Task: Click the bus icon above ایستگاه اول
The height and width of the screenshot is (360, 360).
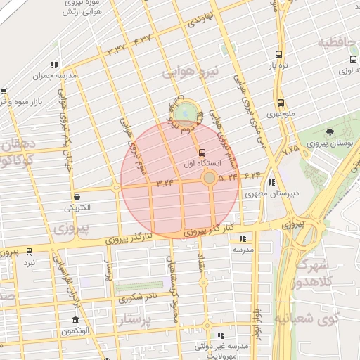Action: coord(202,151)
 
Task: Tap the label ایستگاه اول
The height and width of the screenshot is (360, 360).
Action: coord(202,162)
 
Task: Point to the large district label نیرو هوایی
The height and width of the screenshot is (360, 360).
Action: coord(191,72)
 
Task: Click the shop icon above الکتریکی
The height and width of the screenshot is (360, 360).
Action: coord(77,198)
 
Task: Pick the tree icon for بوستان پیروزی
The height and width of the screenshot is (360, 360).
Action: coord(330,133)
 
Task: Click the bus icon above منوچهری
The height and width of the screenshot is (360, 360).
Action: coord(280,103)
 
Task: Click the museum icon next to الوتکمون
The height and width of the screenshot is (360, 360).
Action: coord(75,321)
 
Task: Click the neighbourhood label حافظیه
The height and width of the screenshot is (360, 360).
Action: coord(337,44)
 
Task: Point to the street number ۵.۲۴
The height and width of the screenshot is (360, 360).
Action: coord(228,178)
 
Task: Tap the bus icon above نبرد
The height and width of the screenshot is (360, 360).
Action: coord(29,252)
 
